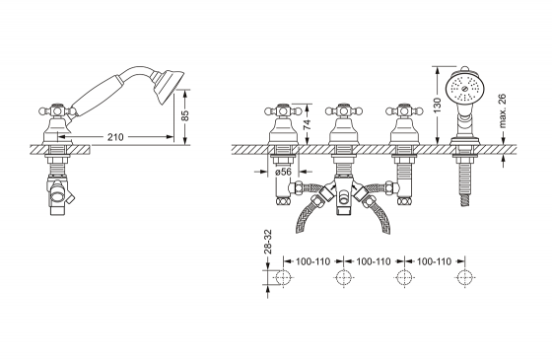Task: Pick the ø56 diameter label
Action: coord(283,172)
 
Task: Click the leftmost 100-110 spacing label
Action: coord(311,262)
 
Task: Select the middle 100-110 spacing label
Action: coord(372,262)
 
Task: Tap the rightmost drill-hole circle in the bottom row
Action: coord(462,278)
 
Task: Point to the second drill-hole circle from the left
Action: coord(342,278)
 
